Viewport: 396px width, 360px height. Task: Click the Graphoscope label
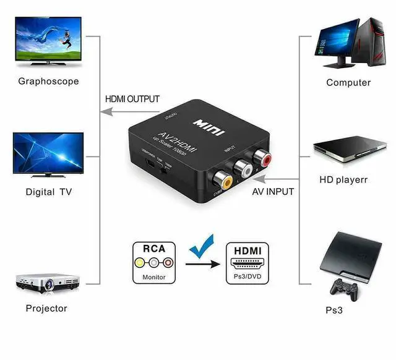point(48,80)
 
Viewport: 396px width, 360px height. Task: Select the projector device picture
point(48,284)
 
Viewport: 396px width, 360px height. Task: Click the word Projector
point(46,308)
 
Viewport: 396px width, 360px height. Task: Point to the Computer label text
point(348,82)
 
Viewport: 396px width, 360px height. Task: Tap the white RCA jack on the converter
point(241,168)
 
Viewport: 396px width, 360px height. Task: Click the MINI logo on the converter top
point(208,124)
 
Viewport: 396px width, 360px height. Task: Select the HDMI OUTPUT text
point(132,99)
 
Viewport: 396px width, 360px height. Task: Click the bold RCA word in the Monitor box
point(154,249)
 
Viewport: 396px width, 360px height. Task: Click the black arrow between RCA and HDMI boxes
point(202,264)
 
